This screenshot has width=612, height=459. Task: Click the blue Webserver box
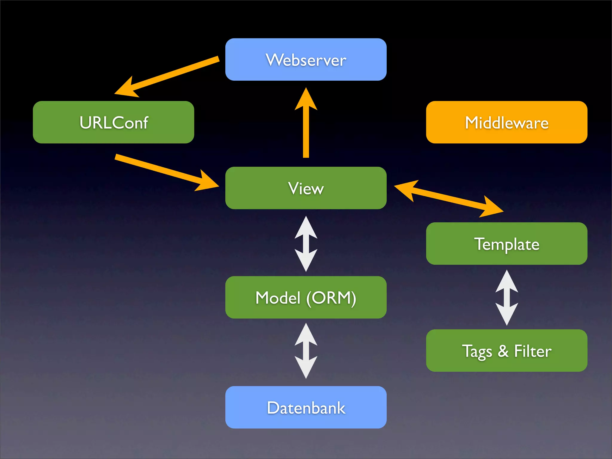point(306,59)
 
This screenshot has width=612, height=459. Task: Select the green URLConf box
point(113,122)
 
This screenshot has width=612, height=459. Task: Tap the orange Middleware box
point(507,122)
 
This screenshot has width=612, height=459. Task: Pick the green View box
point(306,188)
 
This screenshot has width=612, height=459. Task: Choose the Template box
point(507,244)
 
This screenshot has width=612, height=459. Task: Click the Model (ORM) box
point(306,297)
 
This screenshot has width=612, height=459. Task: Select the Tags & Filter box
point(507,351)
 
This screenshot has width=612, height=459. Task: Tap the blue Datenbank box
point(306,407)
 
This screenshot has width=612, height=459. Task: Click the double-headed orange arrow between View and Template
point(448,198)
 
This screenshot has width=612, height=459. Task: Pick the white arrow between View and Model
point(306,244)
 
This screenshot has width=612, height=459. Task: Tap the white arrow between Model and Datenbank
point(306,351)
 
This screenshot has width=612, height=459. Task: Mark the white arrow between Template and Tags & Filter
point(507,297)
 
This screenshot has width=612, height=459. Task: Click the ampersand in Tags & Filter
point(503,351)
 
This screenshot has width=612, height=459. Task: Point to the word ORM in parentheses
point(331,298)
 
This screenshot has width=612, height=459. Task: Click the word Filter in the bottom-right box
point(533,351)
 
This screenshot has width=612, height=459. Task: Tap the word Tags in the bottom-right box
point(477,351)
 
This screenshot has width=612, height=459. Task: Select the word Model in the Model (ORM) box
point(278,298)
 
